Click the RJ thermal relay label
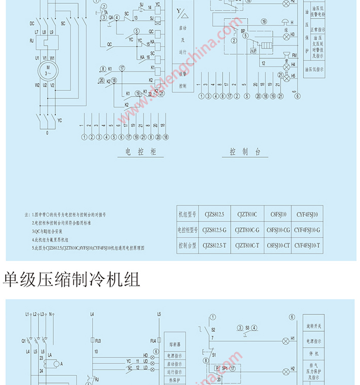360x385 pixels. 31,40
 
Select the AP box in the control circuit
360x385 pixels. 253,50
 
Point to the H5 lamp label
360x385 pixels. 293,76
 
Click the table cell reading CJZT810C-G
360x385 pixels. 246,230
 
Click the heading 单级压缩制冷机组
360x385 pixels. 71,279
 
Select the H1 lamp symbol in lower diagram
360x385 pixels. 286,339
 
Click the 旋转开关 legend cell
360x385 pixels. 317,326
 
